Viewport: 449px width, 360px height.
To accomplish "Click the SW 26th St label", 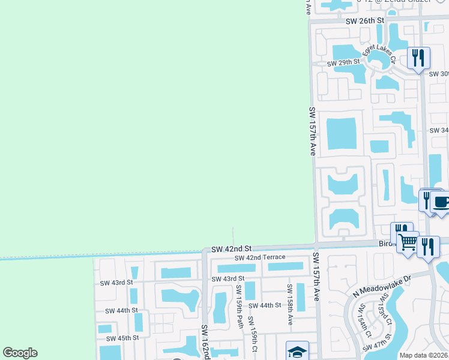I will pyautogui.click(x=364, y=21).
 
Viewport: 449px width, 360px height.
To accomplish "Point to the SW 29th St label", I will pyautogui.click(x=343, y=62).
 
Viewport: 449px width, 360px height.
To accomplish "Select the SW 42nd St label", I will pyautogui.click(x=231, y=248).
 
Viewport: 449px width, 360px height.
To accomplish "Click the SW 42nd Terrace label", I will pyautogui.click(x=260, y=257).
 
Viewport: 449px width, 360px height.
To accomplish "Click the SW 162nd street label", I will pyautogui.click(x=205, y=342).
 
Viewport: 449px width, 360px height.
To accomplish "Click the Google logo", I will pyautogui.click(x=20, y=353).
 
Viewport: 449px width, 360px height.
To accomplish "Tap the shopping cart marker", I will pyautogui.click(x=408, y=242).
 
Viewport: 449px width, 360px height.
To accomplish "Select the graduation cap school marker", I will pyautogui.click(x=297, y=350).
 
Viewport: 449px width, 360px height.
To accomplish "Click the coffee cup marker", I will pyautogui.click(x=441, y=202).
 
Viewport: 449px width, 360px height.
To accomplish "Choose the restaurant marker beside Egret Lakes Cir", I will pyautogui.click(x=418, y=58).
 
